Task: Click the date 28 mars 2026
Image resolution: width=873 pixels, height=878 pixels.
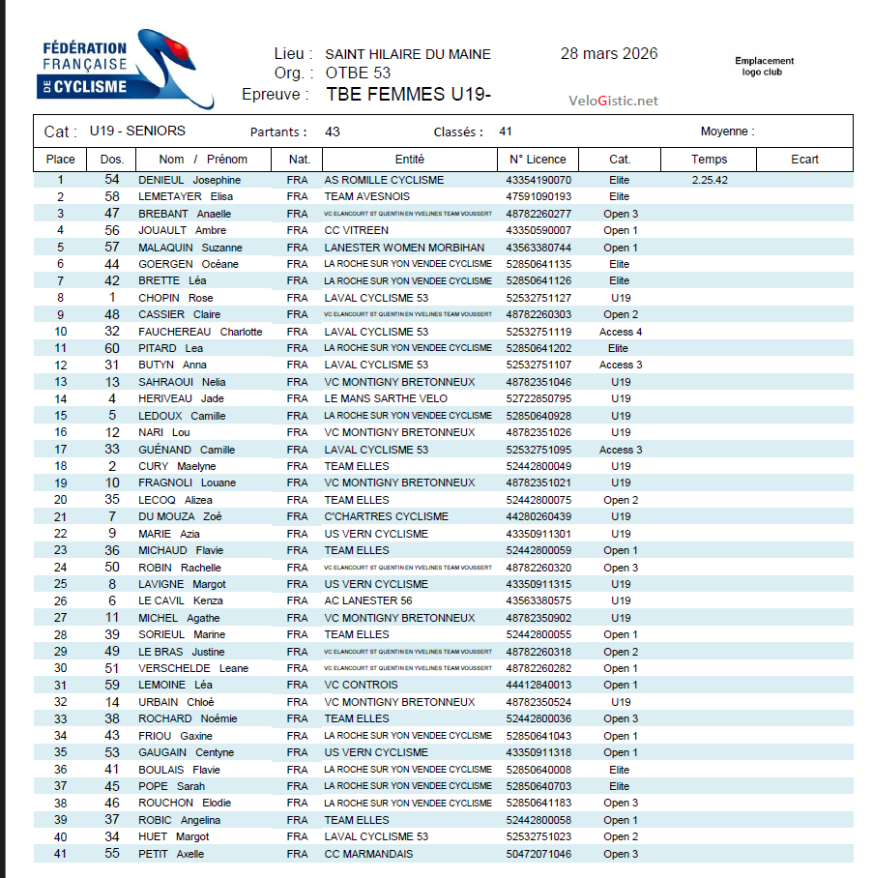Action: [609, 54]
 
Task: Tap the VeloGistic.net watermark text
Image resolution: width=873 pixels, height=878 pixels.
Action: [613, 101]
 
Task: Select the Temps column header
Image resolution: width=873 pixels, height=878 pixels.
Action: [709, 160]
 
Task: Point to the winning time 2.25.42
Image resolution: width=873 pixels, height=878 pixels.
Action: [710, 180]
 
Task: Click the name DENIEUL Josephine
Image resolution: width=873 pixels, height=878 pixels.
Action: [189, 180]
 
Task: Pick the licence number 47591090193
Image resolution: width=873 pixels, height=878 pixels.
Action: [538, 196]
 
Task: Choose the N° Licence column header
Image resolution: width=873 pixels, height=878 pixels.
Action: [538, 160]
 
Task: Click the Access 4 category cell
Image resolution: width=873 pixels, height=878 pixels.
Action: [621, 332]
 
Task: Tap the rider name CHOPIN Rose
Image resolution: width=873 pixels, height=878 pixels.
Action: [175, 298]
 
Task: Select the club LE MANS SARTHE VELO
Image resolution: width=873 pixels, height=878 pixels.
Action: [386, 398]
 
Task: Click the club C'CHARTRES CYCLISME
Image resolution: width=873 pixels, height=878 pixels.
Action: [386, 516]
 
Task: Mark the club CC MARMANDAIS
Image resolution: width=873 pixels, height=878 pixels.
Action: [368, 854]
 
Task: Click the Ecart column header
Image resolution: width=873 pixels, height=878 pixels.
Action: [804, 160]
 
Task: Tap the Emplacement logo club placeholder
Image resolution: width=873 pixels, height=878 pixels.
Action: [764, 66]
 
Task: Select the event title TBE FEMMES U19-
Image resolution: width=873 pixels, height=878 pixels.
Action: [409, 95]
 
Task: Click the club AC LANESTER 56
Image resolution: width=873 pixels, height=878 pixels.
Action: [368, 600]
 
